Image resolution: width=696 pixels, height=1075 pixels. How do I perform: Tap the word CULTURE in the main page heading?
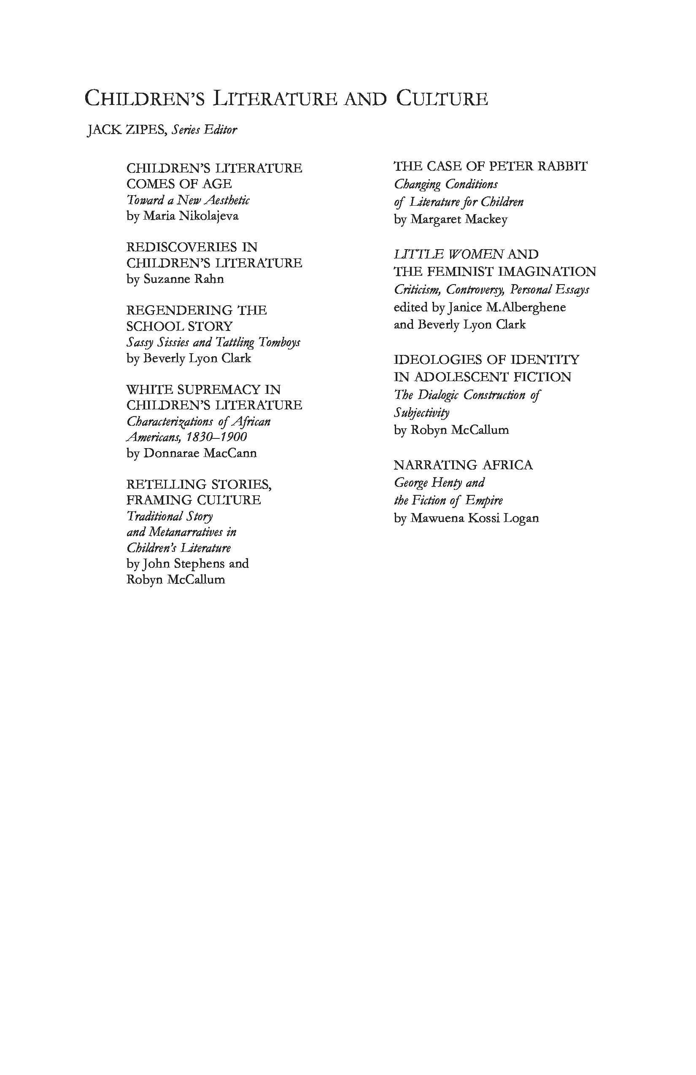[442, 99]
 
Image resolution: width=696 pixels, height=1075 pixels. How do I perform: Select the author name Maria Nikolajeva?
[191, 216]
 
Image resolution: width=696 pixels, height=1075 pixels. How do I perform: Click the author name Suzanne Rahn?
[183, 279]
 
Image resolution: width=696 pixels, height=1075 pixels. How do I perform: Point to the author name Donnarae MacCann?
[200, 453]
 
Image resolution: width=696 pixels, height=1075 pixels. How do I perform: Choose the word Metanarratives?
[186, 532]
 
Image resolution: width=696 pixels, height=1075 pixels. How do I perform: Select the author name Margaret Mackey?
[459, 220]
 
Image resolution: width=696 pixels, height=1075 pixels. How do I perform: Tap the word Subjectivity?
[422, 413]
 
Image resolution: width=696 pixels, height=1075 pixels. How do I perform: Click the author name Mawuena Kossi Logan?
[475, 519]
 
